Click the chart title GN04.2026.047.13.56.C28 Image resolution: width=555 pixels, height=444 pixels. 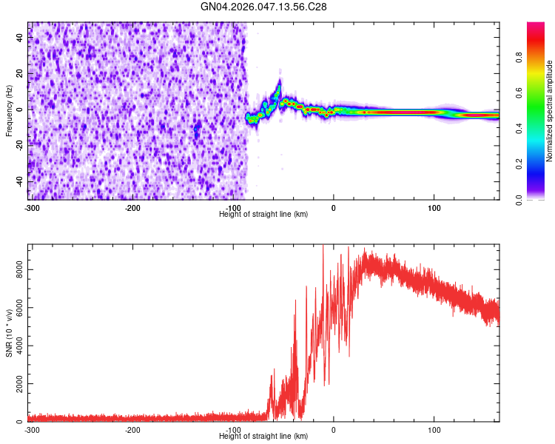tap(264, 7)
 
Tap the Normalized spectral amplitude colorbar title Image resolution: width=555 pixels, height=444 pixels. tap(550, 111)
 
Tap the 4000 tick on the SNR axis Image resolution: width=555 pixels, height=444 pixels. tap(16, 346)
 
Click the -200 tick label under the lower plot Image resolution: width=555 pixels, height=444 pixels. tap(132, 430)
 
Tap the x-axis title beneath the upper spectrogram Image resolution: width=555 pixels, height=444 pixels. tap(264, 214)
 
